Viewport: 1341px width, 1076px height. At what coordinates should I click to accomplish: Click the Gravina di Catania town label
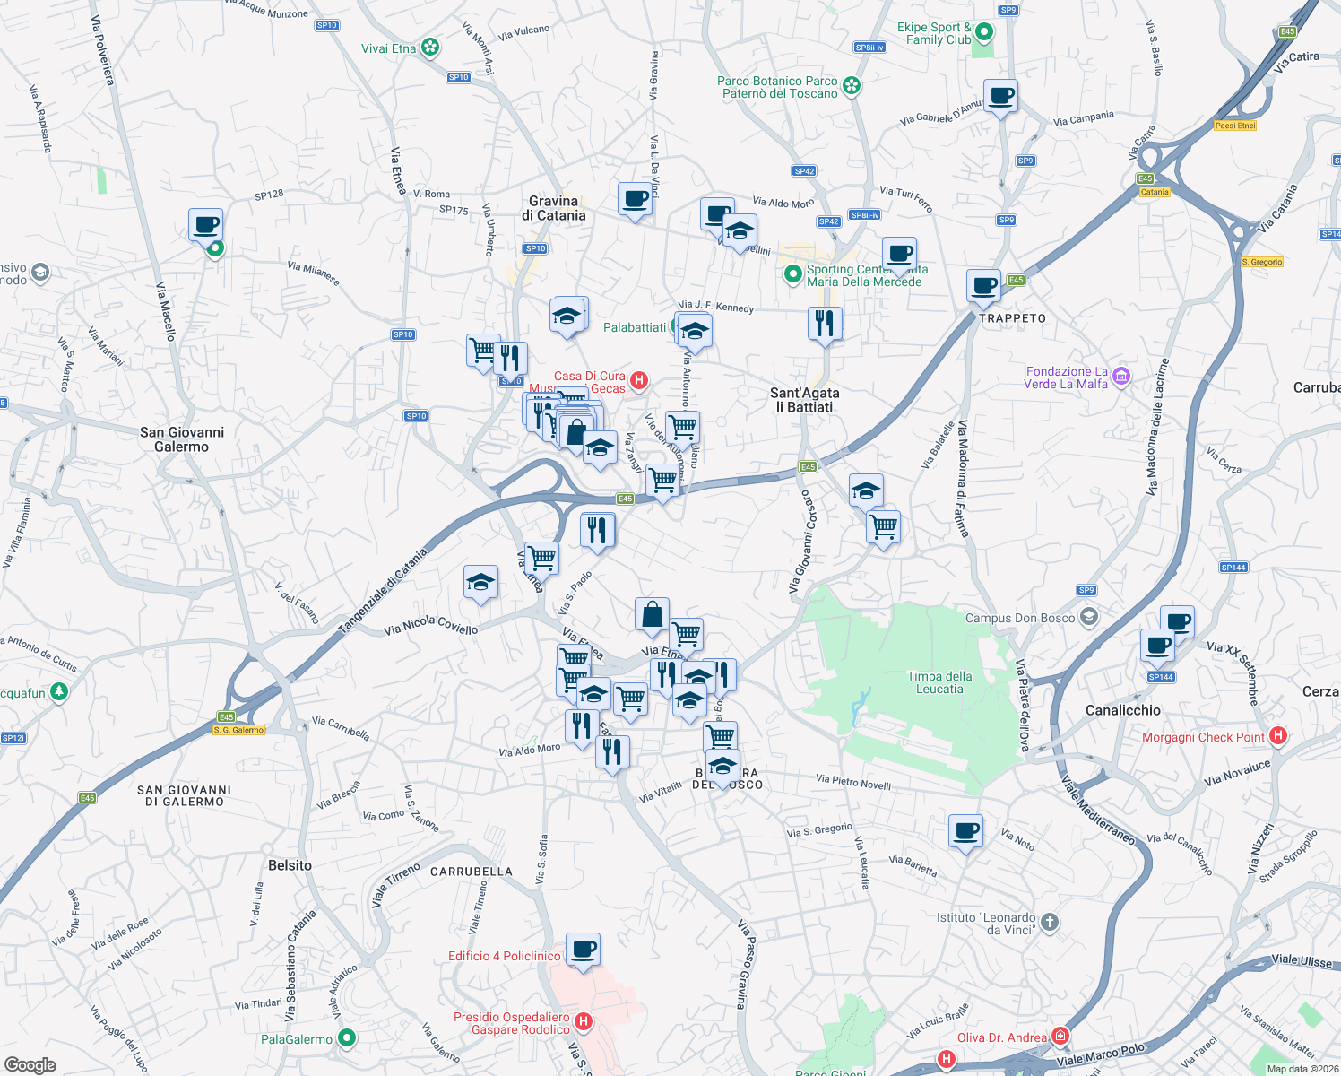click(553, 208)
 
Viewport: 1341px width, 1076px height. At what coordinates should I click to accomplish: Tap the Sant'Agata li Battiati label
click(804, 400)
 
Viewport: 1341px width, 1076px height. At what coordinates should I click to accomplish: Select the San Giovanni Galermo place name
click(182, 439)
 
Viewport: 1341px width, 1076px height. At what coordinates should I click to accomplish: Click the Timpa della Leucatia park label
click(939, 682)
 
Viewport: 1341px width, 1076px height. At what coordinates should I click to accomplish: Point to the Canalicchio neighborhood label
click(1122, 710)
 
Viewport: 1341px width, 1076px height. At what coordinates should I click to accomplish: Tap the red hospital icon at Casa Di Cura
click(639, 380)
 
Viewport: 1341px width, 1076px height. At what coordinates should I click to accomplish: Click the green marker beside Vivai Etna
click(430, 48)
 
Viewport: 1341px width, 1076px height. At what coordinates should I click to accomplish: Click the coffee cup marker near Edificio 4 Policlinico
click(583, 950)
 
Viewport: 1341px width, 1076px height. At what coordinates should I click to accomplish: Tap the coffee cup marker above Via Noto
click(965, 831)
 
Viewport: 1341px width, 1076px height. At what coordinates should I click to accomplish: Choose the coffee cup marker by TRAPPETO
click(983, 286)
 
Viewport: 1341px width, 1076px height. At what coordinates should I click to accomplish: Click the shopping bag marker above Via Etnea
click(652, 615)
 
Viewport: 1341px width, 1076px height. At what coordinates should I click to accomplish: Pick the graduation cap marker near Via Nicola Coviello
click(480, 583)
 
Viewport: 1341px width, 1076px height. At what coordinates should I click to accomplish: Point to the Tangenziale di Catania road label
click(384, 593)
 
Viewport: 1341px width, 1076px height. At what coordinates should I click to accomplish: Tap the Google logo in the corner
click(30, 1065)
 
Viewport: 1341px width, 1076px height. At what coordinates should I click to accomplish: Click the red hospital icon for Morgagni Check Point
click(1278, 736)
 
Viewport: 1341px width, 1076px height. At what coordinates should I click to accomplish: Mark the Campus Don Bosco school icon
click(1088, 617)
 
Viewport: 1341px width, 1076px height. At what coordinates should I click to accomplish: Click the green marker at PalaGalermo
click(346, 1038)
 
